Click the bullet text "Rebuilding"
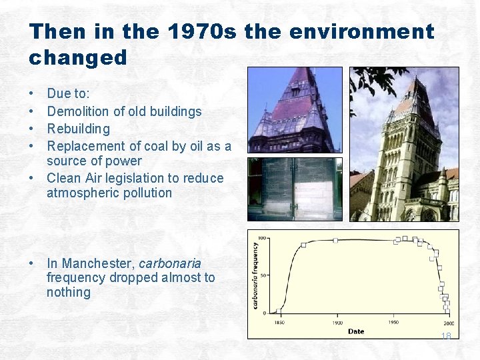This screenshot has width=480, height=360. coord(78,129)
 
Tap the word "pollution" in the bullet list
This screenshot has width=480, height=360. coord(142,193)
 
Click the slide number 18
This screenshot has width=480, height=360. coord(445,336)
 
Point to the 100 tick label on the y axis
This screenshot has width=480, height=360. coord(262,238)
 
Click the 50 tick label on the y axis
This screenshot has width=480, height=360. coord(263,275)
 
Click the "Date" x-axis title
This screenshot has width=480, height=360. coord(356,331)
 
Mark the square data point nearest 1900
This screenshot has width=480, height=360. coord(335,241)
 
